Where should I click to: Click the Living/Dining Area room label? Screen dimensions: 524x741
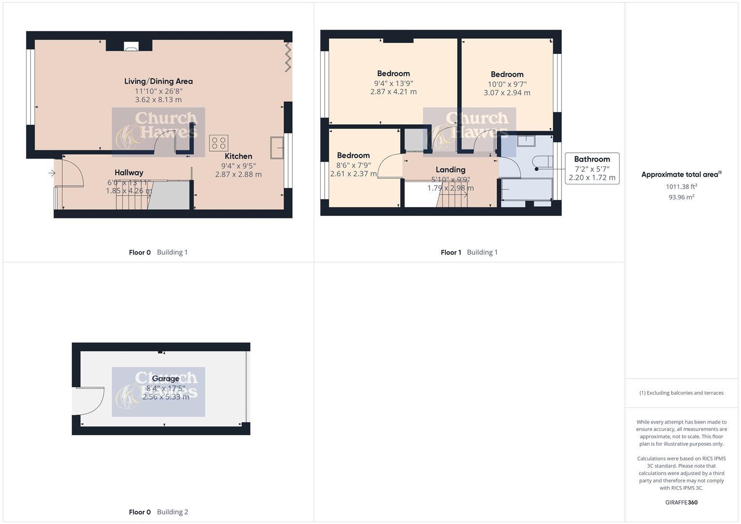[158, 82]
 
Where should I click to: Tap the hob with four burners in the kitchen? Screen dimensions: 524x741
[218, 143]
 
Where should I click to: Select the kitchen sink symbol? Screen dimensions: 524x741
[277, 147]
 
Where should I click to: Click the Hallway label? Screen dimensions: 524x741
[129, 173]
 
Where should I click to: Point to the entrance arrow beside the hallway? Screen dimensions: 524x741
[52, 173]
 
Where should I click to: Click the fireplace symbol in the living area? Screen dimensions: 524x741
[131, 47]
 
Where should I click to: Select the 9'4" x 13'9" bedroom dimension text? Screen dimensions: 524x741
[393, 83]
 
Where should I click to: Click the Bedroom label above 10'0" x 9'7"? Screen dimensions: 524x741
[507, 74]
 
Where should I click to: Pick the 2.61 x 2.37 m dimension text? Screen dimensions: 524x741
[353, 174]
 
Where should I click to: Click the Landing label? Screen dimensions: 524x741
[450, 170]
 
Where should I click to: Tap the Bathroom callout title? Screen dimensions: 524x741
[592, 159]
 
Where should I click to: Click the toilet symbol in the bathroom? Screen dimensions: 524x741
[541, 162]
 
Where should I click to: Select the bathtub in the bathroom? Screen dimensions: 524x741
[527, 189]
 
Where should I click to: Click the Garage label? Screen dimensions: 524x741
[165, 378]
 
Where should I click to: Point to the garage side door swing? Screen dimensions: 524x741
[90, 401]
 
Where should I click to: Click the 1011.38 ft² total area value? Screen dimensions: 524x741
[681, 186]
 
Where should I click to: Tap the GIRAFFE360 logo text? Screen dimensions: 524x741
[681, 502]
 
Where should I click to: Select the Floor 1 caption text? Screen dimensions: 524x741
[451, 252]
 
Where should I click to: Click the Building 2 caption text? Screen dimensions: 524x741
[172, 512]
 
